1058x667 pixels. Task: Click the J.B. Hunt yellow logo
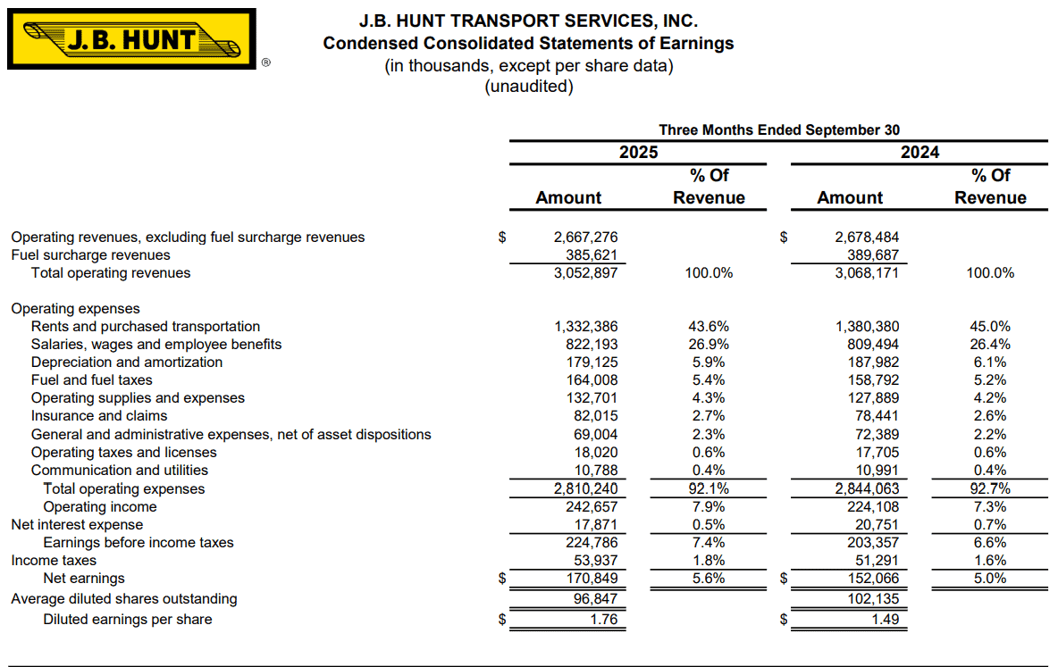pos(131,39)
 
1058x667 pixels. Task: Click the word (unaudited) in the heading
pos(528,87)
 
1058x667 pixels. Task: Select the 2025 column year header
pos(638,153)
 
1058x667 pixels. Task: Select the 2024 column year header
pos(919,153)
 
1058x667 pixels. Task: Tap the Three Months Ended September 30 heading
pos(778,130)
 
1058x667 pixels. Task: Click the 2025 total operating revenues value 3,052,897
pos(586,273)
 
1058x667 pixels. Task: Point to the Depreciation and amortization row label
pos(127,363)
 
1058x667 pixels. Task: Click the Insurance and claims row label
pos(99,416)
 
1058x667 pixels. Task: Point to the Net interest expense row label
pos(77,525)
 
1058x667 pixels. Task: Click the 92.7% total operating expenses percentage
pos(990,489)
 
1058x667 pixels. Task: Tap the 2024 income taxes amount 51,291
pos(874,561)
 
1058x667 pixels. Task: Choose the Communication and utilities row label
pos(120,471)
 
